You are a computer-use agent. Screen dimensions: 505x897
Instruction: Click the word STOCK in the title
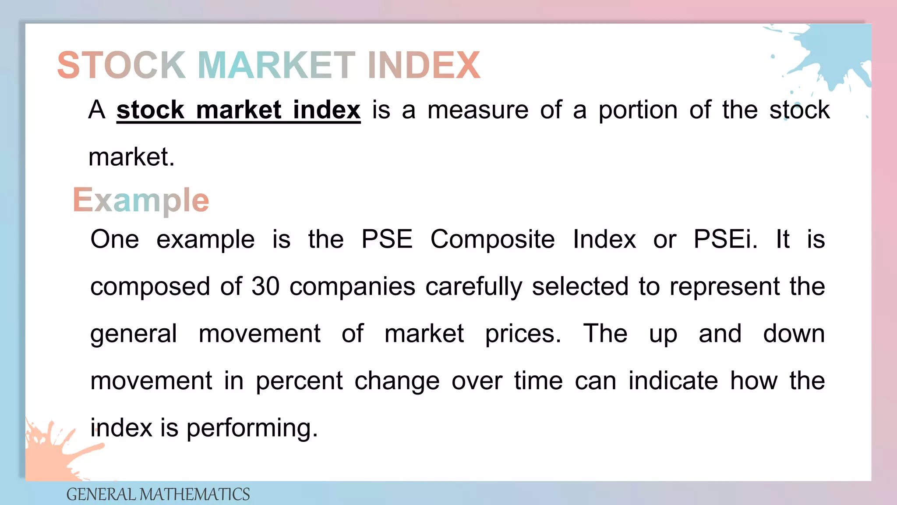point(121,65)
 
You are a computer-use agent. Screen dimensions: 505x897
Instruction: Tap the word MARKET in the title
point(276,65)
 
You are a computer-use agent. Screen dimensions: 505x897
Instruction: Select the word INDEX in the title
point(424,65)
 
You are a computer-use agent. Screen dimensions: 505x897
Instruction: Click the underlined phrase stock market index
point(238,110)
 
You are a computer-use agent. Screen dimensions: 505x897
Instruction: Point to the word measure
point(478,110)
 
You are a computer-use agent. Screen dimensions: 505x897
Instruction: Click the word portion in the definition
point(638,110)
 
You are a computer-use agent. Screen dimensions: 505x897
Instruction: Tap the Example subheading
point(141,200)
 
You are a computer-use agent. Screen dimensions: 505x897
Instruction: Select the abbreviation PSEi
point(725,239)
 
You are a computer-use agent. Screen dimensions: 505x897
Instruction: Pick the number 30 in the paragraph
point(265,286)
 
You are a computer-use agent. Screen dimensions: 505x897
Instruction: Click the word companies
point(352,287)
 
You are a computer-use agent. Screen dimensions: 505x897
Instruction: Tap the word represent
point(724,287)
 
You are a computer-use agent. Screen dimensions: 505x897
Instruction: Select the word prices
point(523,334)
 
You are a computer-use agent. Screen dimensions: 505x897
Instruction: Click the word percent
point(299,381)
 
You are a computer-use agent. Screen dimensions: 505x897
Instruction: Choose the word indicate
point(673,381)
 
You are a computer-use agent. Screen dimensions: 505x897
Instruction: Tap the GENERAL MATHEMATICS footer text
point(158,494)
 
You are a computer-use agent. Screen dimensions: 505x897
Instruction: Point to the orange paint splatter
point(53,452)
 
